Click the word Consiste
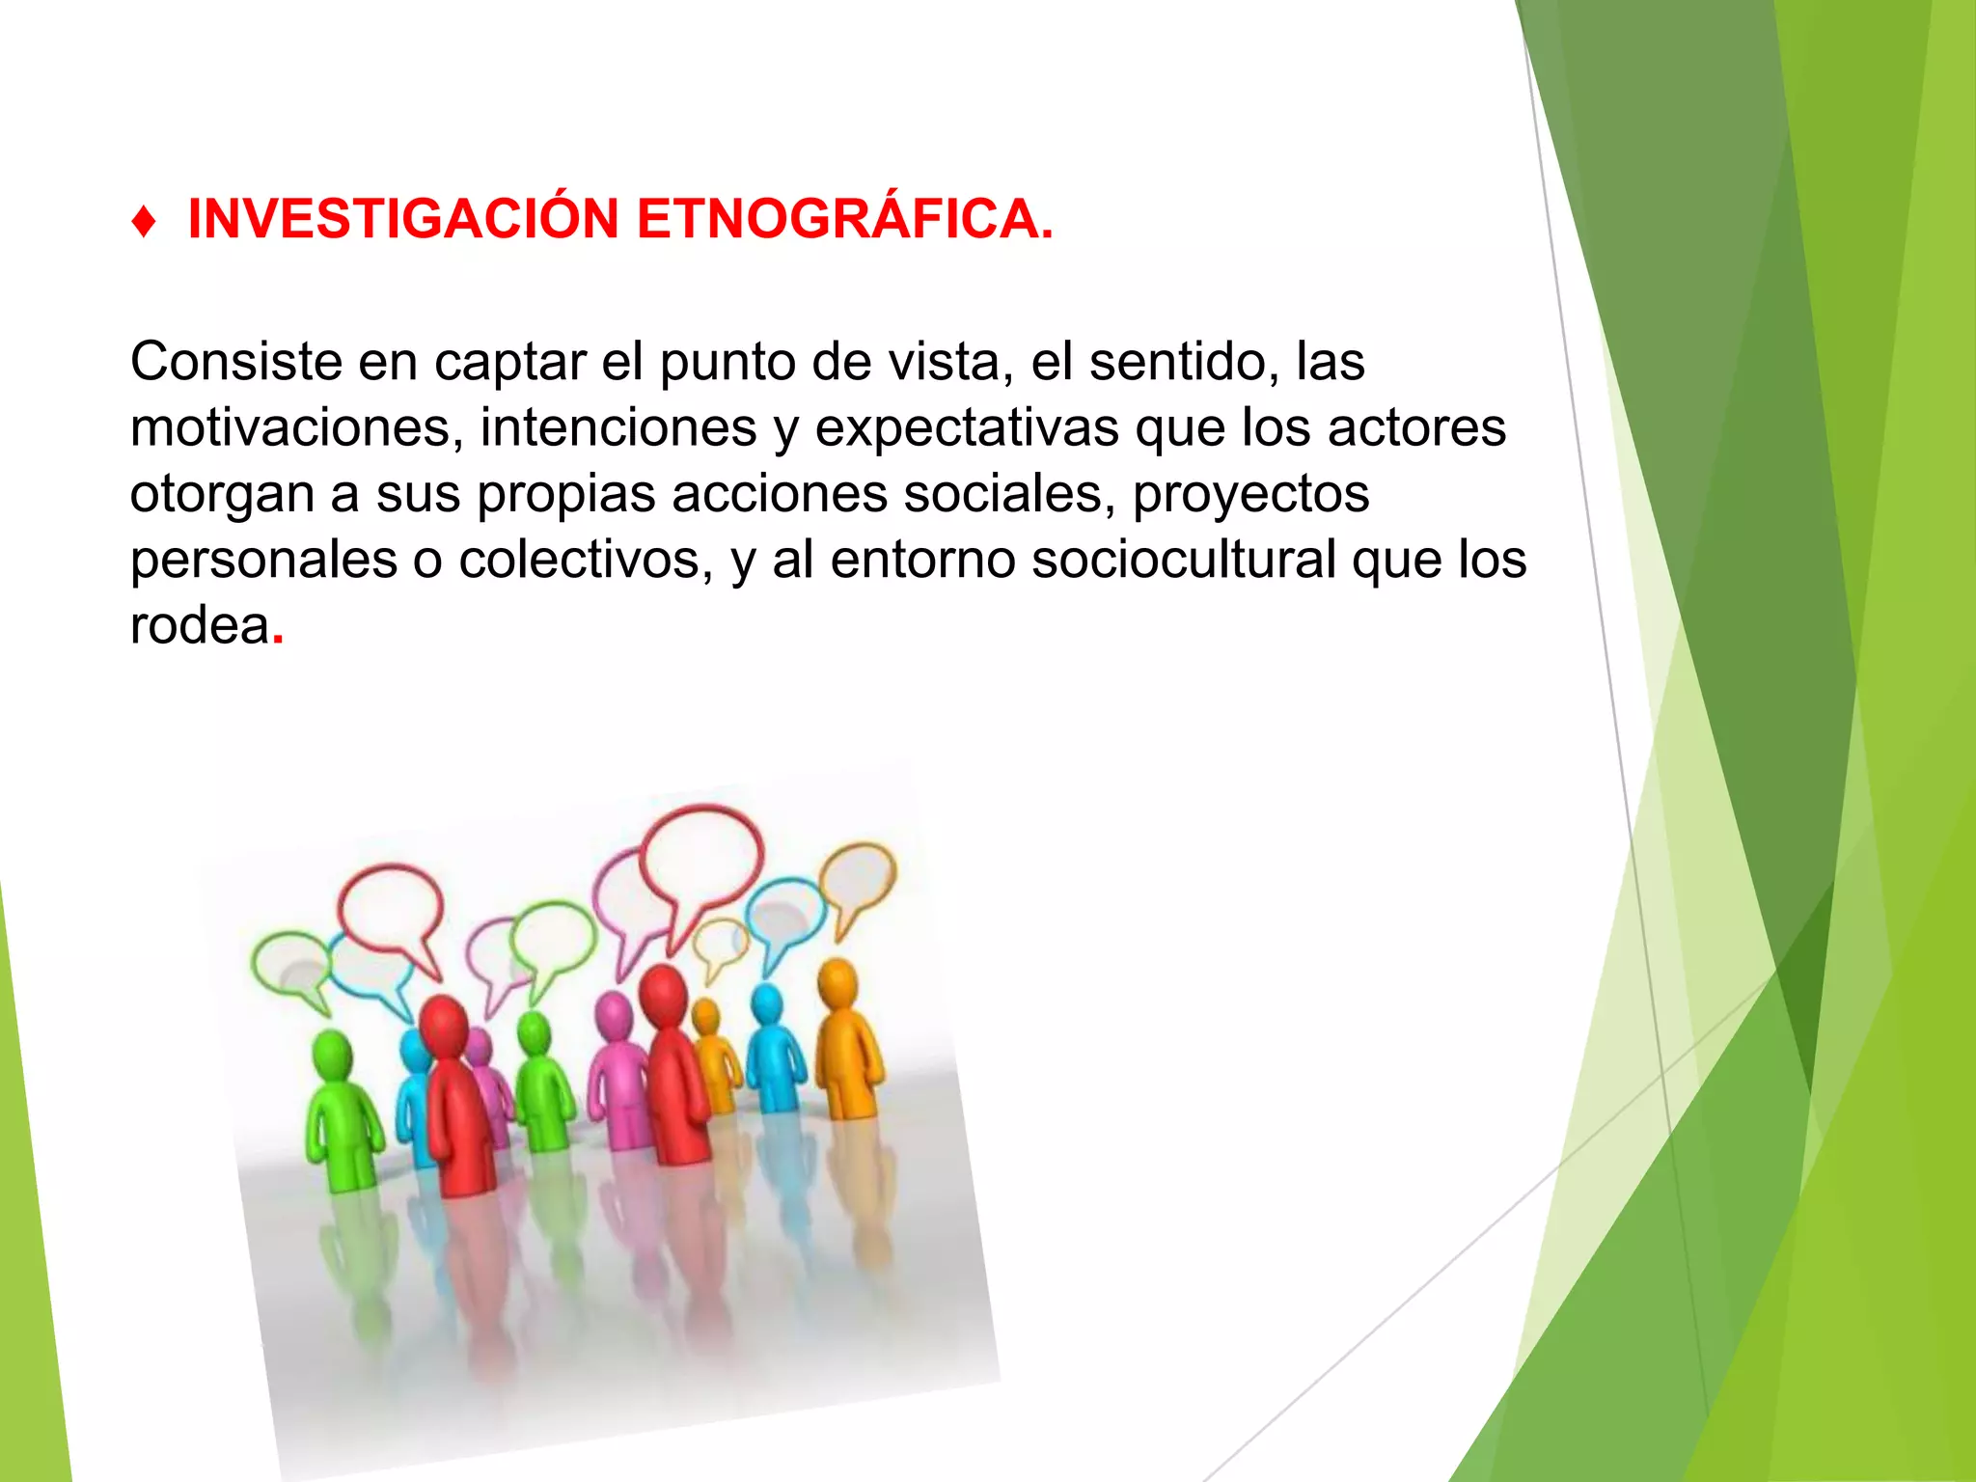(236, 362)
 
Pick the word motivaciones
(290, 427)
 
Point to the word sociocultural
(1184, 560)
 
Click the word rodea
(200, 625)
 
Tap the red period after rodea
(278, 638)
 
